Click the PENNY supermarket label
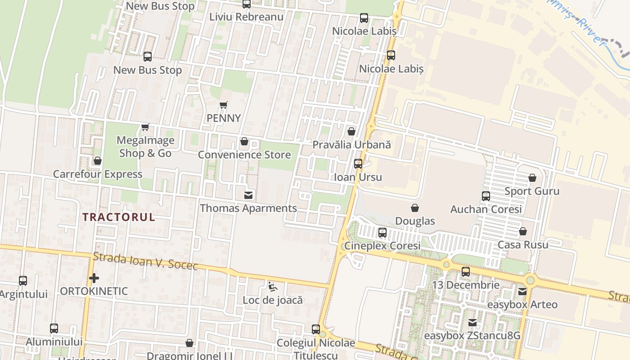224,118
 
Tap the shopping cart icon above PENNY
224,105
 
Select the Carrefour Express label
98,174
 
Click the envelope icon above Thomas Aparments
248,195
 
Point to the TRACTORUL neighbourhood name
119,217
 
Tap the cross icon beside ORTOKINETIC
94,278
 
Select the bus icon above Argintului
23,281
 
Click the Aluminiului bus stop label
54,342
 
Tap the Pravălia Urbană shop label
351,145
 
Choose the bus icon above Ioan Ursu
358,164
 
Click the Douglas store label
415,221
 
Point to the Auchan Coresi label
486,209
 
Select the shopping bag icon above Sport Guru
532,178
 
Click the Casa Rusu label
523,245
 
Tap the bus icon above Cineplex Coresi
382,233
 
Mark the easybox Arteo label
522,305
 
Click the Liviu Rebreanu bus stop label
247,17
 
